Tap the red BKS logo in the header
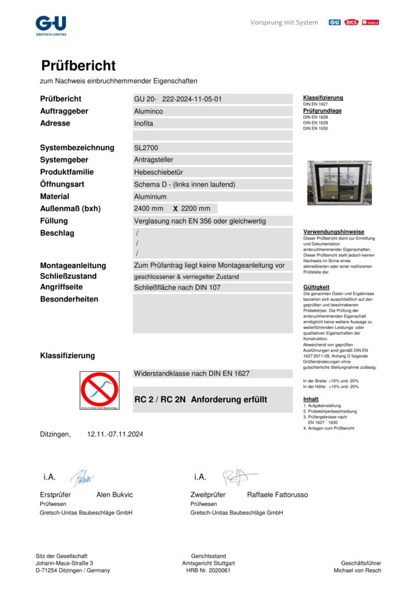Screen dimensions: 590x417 pos(351,22)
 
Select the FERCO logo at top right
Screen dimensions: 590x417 pos(370,22)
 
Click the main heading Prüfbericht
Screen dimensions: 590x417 pos(78,66)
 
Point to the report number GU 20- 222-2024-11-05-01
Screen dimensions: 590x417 pos(178,99)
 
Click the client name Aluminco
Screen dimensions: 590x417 pos(148,111)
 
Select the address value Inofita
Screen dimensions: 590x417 pos(143,123)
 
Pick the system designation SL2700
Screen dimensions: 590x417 pos(146,148)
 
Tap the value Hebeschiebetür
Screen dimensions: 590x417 pos(158,172)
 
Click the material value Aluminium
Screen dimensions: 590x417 pos(150,197)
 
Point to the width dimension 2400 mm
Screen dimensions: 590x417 pos(149,209)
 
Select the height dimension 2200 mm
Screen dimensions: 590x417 pos(195,209)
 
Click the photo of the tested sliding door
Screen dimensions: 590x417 pos(339,183)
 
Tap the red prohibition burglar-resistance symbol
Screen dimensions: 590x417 pos(100,390)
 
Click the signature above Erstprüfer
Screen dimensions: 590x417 pos(82,478)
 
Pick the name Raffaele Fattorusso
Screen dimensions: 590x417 pos(277,495)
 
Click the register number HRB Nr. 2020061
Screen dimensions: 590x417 pos(208,570)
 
